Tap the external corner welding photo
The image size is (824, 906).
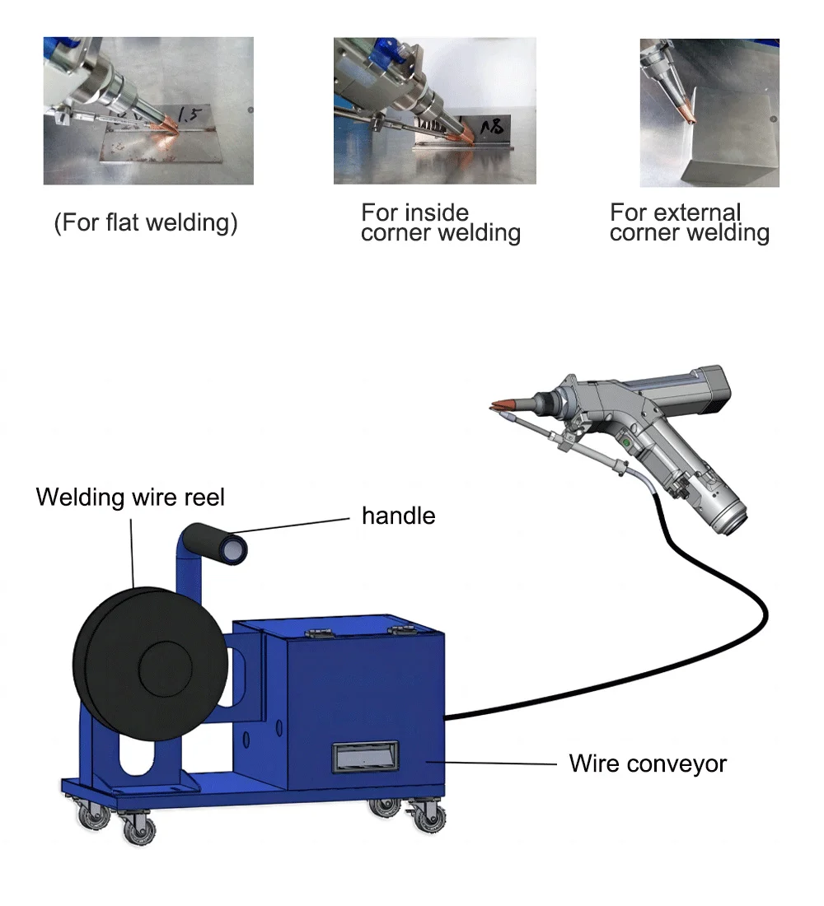click(x=709, y=112)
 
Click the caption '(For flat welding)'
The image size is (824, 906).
click(x=146, y=223)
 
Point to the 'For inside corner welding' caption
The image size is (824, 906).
click(x=440, y=223)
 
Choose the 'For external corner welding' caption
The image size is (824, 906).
click(x=689, y=223)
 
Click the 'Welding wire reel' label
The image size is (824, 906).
click(x=130, y=497)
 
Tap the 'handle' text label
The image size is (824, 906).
click(x=398, y=516)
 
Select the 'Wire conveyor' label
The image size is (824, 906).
click(x=648, y=764)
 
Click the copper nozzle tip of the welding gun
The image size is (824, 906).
click(x=503, y=404)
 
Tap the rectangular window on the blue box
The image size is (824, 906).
click(x=364, y=756)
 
